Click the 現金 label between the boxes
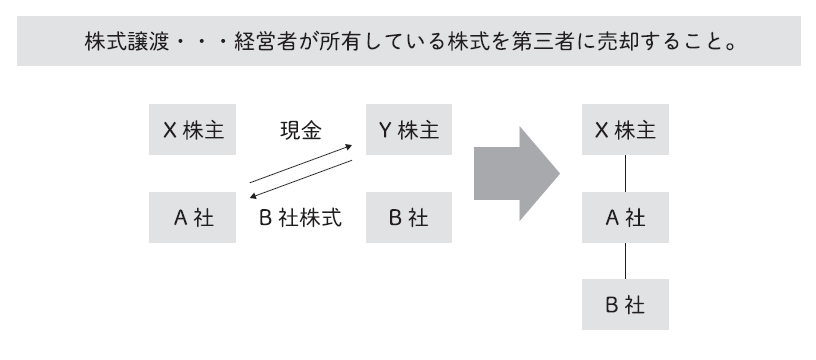click(x=299, y=130)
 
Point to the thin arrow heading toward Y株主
click(x=302, y=162)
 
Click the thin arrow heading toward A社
click(x=302, y=183)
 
